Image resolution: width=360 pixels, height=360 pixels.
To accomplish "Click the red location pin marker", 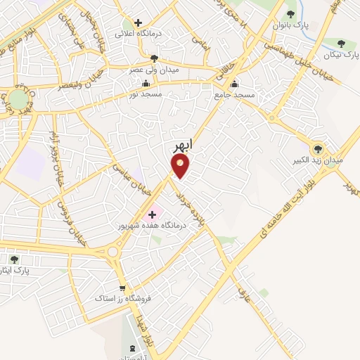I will coord(181,166).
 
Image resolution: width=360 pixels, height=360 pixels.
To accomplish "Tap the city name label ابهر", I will coord(182,146).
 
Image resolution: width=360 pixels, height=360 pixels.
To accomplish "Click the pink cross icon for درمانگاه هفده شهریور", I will coord(153,214).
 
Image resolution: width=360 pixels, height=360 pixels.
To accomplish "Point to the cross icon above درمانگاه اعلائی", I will coord(139,22).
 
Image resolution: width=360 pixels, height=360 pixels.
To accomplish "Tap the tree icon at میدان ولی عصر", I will coord(154,58).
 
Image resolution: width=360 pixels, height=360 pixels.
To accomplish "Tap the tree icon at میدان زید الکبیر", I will coord(318,148).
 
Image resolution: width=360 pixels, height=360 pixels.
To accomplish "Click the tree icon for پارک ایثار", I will coord(14,259).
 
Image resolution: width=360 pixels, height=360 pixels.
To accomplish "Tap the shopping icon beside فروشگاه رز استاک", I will coord(123,288).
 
